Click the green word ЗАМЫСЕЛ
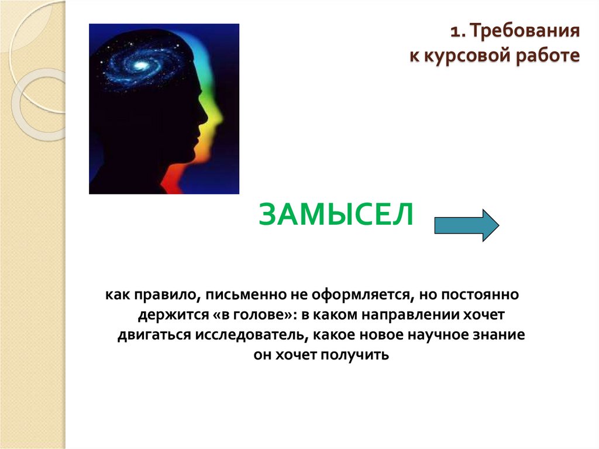pyautogui.click(x=336, y=215)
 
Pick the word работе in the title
pyautogui.click(x=548, y=56)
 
